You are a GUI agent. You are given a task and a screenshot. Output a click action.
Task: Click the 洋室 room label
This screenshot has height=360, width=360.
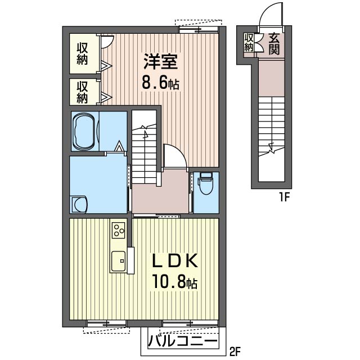160,61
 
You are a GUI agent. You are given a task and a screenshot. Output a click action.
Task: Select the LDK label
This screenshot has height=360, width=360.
175,260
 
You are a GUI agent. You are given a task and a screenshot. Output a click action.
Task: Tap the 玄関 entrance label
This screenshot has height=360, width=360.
274,44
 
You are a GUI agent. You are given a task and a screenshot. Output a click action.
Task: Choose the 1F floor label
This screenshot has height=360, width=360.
285,197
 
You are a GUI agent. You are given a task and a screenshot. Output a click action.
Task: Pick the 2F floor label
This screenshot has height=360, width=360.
235,350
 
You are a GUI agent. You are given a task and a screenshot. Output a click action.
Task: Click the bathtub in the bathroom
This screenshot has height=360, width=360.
84,131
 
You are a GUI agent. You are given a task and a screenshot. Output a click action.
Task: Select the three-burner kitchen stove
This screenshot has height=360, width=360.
119,230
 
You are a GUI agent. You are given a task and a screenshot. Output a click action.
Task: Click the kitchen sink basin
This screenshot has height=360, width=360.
119,261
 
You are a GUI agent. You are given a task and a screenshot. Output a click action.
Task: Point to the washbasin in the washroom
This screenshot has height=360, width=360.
79,204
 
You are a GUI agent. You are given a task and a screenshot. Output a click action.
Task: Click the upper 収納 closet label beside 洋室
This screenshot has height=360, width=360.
82,54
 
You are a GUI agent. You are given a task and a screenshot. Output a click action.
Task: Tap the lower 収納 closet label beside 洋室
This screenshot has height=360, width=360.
82,92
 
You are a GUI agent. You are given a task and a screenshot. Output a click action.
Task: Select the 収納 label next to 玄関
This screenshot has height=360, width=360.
249,43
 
